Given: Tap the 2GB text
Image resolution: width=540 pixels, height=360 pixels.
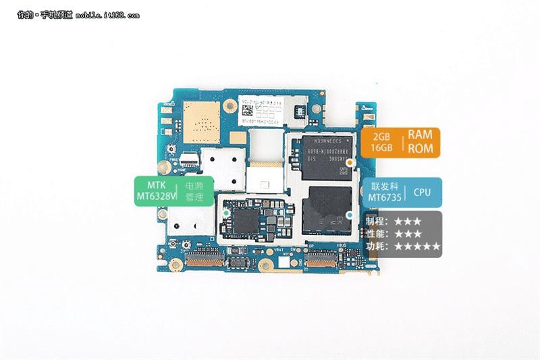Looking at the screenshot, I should pyautogui.click(x=383, y=135).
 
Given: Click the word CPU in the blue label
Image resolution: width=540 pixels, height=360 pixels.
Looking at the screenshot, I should pyautogui.click(x=423, y=192).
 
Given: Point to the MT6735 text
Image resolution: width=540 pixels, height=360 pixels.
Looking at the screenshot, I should pyautogui.click(x=383, y=199).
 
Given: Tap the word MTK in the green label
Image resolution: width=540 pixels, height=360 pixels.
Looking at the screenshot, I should pyautogui.click(x=155, y=184).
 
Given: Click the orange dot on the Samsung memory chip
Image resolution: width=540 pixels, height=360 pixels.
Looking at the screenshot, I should pyautogui.click(x=349, y=163).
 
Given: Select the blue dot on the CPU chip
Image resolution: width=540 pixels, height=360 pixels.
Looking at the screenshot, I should pyautogui.click(x=349, y=215).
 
